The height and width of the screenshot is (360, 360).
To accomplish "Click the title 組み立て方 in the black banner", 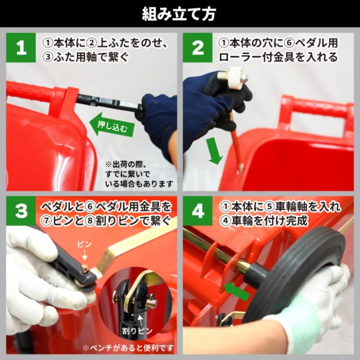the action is [x=179, y=13].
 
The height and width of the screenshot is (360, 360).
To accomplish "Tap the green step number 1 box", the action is [x=21, y=47].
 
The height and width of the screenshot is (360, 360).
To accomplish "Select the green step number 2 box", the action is [x=197, y=47].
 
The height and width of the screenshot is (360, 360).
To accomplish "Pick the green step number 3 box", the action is [x=21, y=211].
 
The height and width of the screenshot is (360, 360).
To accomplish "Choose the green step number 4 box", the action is [x=197, y=211].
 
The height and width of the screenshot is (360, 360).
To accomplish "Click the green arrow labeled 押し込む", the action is [x=111, y=125].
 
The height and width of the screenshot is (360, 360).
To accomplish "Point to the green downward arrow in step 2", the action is [x=214, y=150].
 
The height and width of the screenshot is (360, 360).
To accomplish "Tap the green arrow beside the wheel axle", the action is [x=236, y=291].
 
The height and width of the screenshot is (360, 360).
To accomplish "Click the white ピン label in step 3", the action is [x=84, y=244].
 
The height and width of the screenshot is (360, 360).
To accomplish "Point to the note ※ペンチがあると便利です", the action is [x=128, y=348].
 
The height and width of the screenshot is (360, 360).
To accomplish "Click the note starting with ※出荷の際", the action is [x=139, y=174].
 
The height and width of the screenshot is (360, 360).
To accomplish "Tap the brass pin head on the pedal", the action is [x=85, y=268].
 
